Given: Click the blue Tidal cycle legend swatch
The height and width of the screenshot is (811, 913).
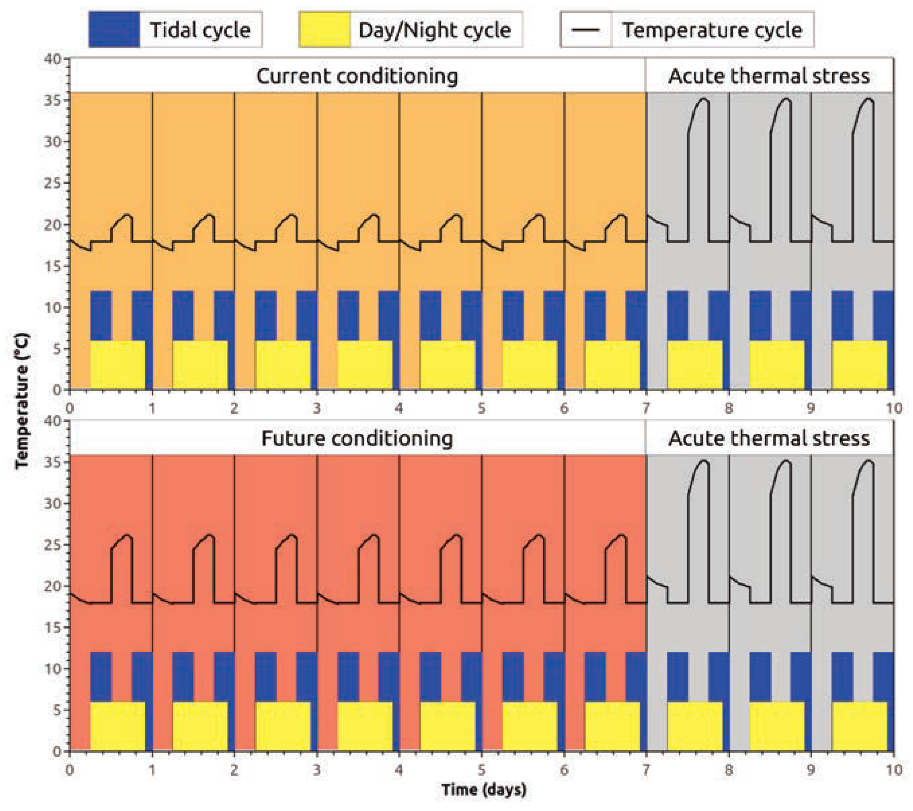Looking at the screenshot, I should (x=114, y=30).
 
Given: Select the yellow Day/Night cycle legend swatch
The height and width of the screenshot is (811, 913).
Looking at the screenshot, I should (x=324, y=30).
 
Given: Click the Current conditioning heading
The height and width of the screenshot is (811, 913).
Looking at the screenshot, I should (x=357, y=76).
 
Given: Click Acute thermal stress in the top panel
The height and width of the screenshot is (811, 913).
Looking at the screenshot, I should (x=769, y=76).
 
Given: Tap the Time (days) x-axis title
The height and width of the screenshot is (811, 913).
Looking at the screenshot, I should (x=484, y=789).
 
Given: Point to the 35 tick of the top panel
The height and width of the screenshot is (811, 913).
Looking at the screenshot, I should (x=53, y=100).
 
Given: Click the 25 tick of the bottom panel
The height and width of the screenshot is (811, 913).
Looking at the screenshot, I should (x=53, y=545).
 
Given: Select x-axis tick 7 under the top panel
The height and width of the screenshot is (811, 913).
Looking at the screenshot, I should (x=646, y=408).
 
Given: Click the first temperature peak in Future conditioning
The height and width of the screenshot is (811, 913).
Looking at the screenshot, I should (x=127, y=536).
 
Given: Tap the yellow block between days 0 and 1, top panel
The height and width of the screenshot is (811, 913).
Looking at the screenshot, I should (x=118, y=365).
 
